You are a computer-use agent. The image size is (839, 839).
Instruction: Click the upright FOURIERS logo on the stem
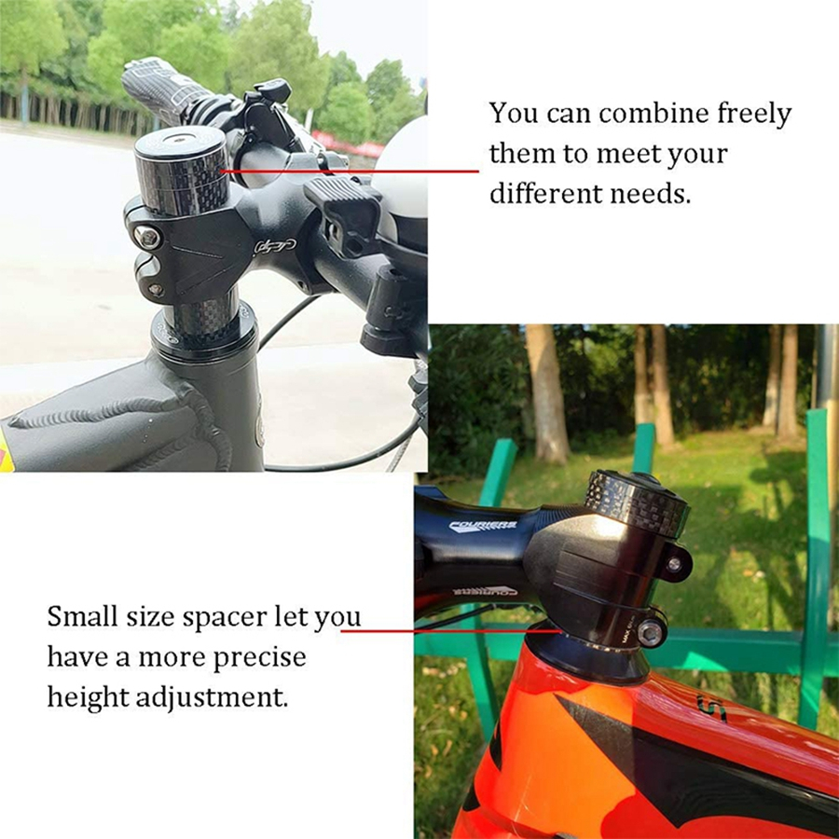coord(484,527)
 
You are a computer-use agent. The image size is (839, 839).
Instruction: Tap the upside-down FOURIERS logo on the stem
coord(484,591)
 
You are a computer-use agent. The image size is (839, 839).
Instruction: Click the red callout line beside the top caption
coord(350,172)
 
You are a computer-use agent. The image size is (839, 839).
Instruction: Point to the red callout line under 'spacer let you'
coord(451,631)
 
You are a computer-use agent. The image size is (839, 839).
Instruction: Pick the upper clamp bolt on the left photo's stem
coord(147,236)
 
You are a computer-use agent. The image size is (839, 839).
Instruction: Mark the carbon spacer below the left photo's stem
coord(204,319)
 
